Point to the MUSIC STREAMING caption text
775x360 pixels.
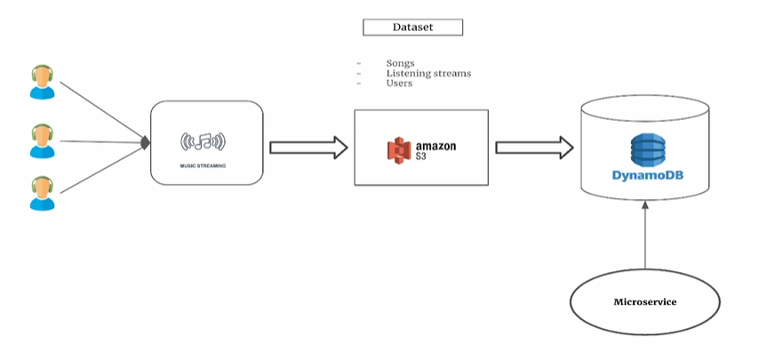(204, 166)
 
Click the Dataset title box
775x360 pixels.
(412, 28)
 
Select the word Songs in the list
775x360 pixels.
(402, 63)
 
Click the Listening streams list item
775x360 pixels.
(428, 73)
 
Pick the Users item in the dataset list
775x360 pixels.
(399, 83)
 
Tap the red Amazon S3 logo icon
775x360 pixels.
(400, 148)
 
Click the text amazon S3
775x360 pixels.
(435, 148)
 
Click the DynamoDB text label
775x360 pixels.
(646, 175)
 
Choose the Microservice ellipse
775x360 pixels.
(645, 302)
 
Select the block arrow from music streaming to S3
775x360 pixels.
(308, 147)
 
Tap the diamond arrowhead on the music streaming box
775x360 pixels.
(146, 141)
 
